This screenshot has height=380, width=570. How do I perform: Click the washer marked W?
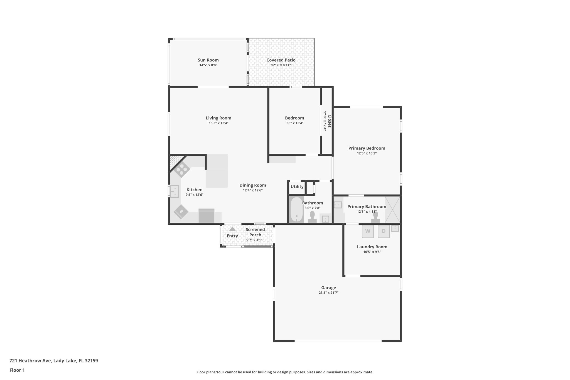click(x=368, y=231)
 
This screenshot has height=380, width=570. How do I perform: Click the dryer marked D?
click(x=384, y=231)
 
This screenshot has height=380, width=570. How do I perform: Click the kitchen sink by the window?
click(x=175, y=192)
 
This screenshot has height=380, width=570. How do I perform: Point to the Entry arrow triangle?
click(x=232, y=229)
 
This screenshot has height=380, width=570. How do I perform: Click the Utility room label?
click(x=297, y=187)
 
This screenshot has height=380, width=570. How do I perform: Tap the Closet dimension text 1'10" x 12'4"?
click(x=325, y=121)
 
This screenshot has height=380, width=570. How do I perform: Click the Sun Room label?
click(x=208, y=60)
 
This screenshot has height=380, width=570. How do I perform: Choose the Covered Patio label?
click(x=281, y=60)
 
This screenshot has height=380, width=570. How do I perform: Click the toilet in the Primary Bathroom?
click(x=375, y=217)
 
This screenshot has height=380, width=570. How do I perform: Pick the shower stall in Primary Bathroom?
click(x=392, y=209)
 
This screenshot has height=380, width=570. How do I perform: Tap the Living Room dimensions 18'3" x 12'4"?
click(x=218, y=123)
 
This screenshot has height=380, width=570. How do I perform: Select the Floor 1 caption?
click(x=17, y=370)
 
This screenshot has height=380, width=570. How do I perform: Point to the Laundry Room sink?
click(x=395, y=228)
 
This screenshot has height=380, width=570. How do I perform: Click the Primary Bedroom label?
click(x=367, y=148)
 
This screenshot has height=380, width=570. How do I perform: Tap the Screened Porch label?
click(x=255, y=232)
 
